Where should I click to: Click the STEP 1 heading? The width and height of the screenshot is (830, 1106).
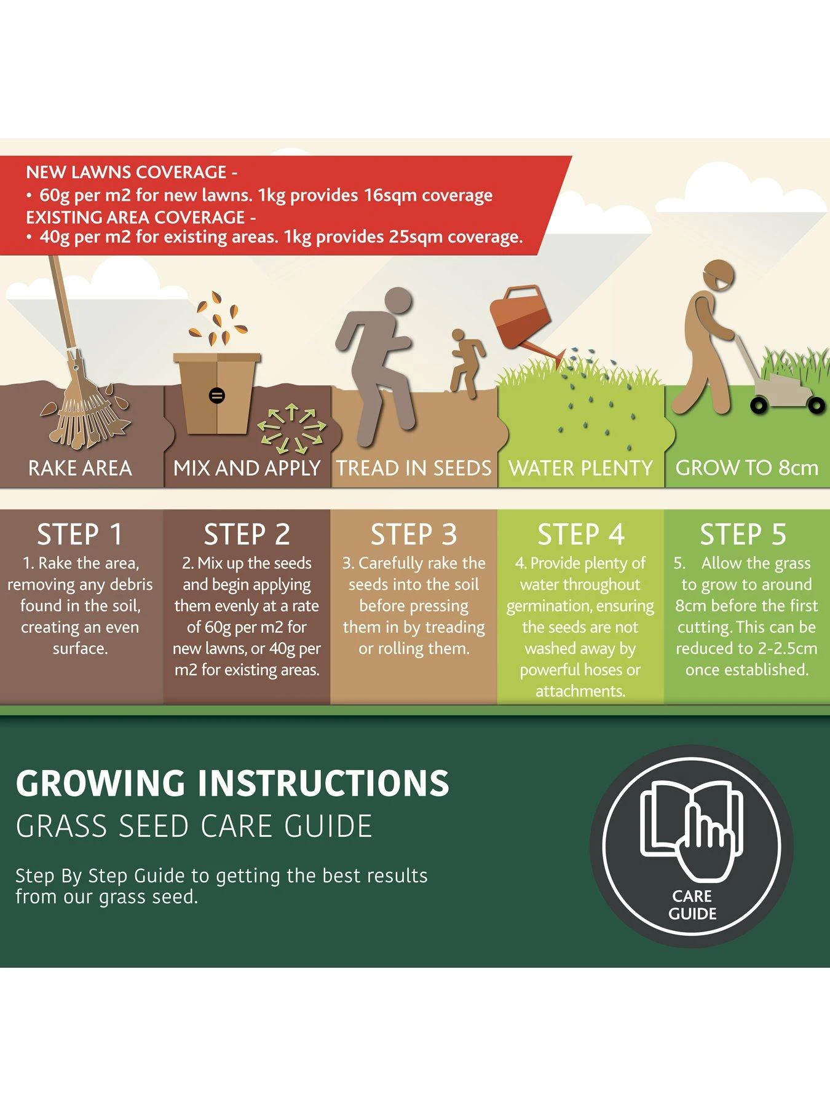[x=80, y=534]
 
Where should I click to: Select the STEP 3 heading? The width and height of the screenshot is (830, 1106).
[x=414, y=534]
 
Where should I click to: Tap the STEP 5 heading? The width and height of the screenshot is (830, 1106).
[x=743, y=534]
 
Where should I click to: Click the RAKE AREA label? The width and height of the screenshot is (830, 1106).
[x=80, y=468]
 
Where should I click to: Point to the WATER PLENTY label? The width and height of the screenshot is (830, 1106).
[x=580, y=468]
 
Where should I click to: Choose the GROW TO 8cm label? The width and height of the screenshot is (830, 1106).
[x=746, y=468]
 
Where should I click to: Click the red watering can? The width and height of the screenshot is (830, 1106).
[x=521, y=320]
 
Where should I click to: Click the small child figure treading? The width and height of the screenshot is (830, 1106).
[x=465, y=363]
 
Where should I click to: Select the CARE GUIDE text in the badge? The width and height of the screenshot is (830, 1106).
[x=692, y=904]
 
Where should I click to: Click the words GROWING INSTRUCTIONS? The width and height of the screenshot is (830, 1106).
[x=232, y=783]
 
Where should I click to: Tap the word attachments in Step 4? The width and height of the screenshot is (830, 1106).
[x=580, y=691]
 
